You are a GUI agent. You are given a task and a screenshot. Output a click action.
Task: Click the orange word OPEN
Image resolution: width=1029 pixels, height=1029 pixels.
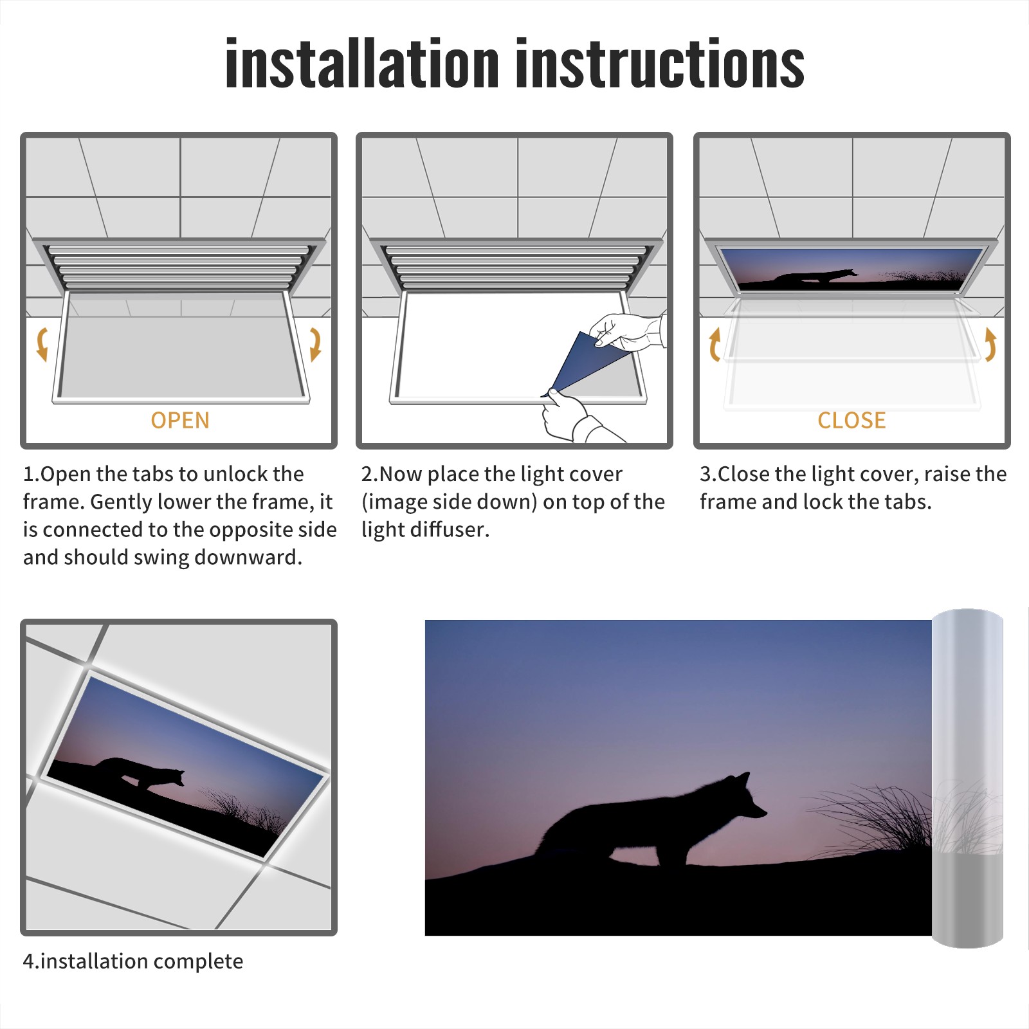click(180, 420)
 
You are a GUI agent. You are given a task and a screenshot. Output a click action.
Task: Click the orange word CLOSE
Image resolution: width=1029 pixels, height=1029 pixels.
click(851, 420)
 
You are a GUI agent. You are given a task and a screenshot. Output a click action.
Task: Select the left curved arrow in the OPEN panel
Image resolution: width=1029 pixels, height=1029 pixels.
click(42, 344)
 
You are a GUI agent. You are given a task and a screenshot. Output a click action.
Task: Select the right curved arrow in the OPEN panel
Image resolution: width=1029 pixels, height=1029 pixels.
click(315, 344)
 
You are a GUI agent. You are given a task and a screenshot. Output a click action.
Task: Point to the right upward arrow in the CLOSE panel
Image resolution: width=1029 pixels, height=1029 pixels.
click(990, 344)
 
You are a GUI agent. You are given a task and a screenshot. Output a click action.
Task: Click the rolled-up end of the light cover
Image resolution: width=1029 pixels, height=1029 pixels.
click(967, 778)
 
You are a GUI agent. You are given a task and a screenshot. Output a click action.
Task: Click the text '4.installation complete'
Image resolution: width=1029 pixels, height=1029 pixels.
click(133, 961)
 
